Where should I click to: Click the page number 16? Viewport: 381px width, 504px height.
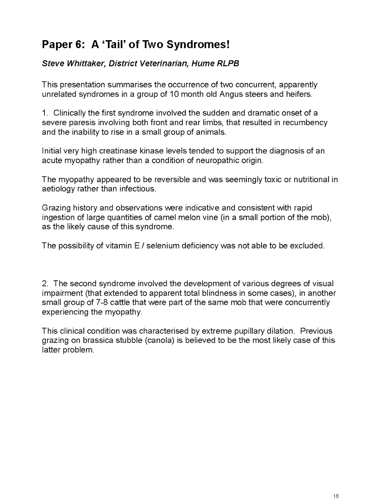click(336, 496)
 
